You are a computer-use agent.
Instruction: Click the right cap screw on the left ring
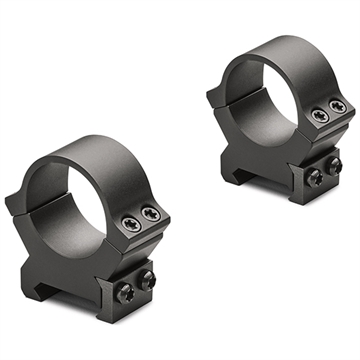point(151,213)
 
